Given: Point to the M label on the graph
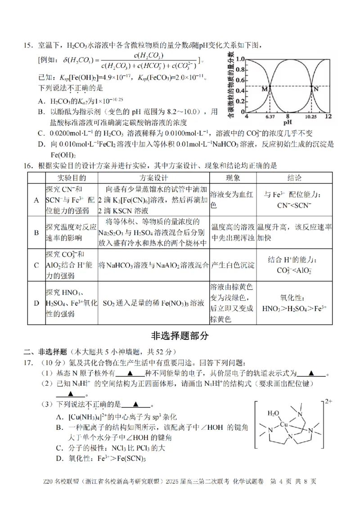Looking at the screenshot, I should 264,89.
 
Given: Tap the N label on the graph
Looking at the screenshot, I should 315,89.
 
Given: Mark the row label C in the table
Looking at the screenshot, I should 36,265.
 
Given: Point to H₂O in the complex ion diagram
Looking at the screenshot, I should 273,413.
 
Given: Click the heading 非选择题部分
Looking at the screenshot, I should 180,336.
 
